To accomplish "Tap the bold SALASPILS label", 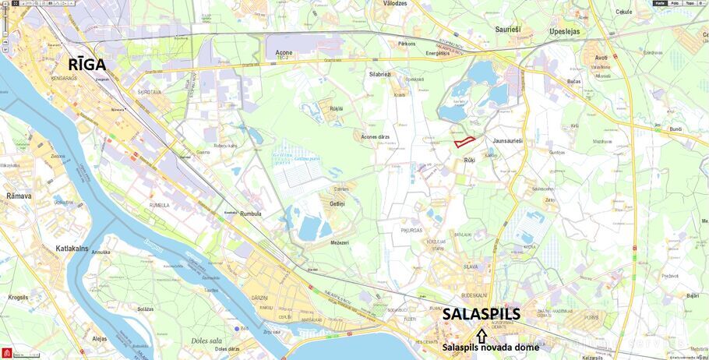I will click(481, 315).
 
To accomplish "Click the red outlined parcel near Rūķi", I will click(464, 142).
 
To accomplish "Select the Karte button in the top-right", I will click(660, 3).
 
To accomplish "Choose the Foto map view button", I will click(675, 3).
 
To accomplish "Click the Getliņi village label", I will click(337, 203).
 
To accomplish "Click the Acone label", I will click(284, 52).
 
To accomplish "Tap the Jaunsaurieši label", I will click(508, 141).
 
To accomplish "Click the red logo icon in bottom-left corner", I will click(5, 354).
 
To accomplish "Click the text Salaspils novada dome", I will click(490, 348).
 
